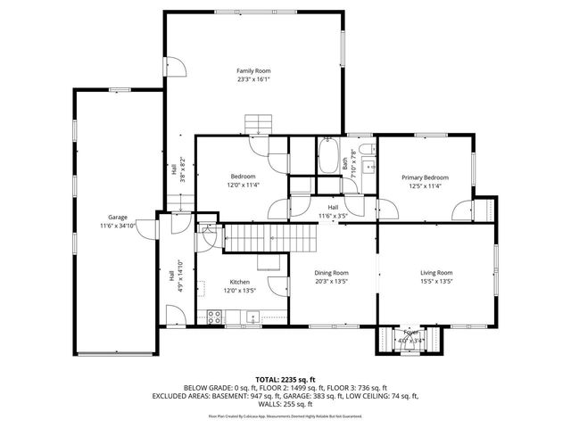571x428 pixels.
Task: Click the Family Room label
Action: point(253,70)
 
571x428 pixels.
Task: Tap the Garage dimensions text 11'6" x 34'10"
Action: point(118,226)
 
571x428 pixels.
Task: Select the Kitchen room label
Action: point(239,281)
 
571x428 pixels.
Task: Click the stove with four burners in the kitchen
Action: point(214,315)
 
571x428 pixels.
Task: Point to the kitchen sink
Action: point(253,315)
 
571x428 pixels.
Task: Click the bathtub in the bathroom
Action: point(327,156)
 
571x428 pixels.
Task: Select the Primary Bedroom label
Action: point(425,177)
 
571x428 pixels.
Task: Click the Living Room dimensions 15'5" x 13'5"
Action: point(437,282)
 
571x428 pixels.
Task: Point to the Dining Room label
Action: point(331,273)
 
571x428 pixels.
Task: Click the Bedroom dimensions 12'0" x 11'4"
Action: point(243,185)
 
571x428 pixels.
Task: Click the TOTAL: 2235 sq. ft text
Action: point(285,380)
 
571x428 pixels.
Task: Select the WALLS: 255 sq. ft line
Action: point(285,403)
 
